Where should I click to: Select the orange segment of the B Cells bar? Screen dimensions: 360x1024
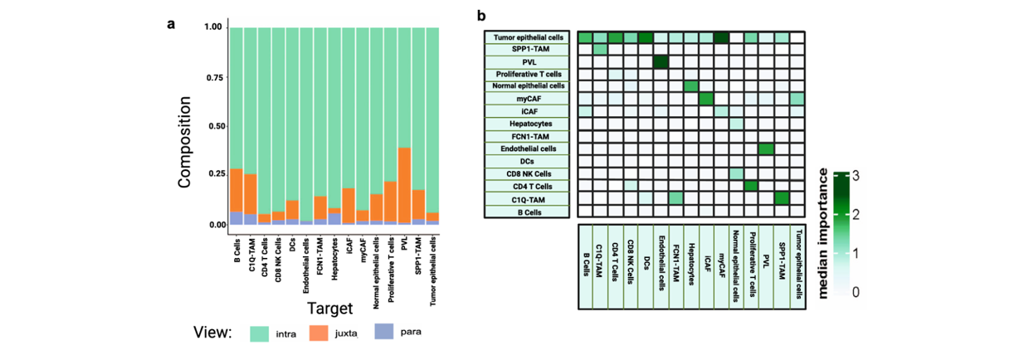236,190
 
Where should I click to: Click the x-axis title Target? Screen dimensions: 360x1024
329,309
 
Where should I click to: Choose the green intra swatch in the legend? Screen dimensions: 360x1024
263,333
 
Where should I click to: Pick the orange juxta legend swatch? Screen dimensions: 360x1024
324,333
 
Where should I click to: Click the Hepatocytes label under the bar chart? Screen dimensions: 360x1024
334,260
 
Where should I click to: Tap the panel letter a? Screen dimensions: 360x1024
170,22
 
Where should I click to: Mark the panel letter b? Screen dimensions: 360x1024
480,16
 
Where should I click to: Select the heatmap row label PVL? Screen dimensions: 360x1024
527,61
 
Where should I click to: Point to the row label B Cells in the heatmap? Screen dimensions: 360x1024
527,212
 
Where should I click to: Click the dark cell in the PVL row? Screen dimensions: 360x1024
661,62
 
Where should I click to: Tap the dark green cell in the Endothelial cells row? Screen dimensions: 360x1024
766,148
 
